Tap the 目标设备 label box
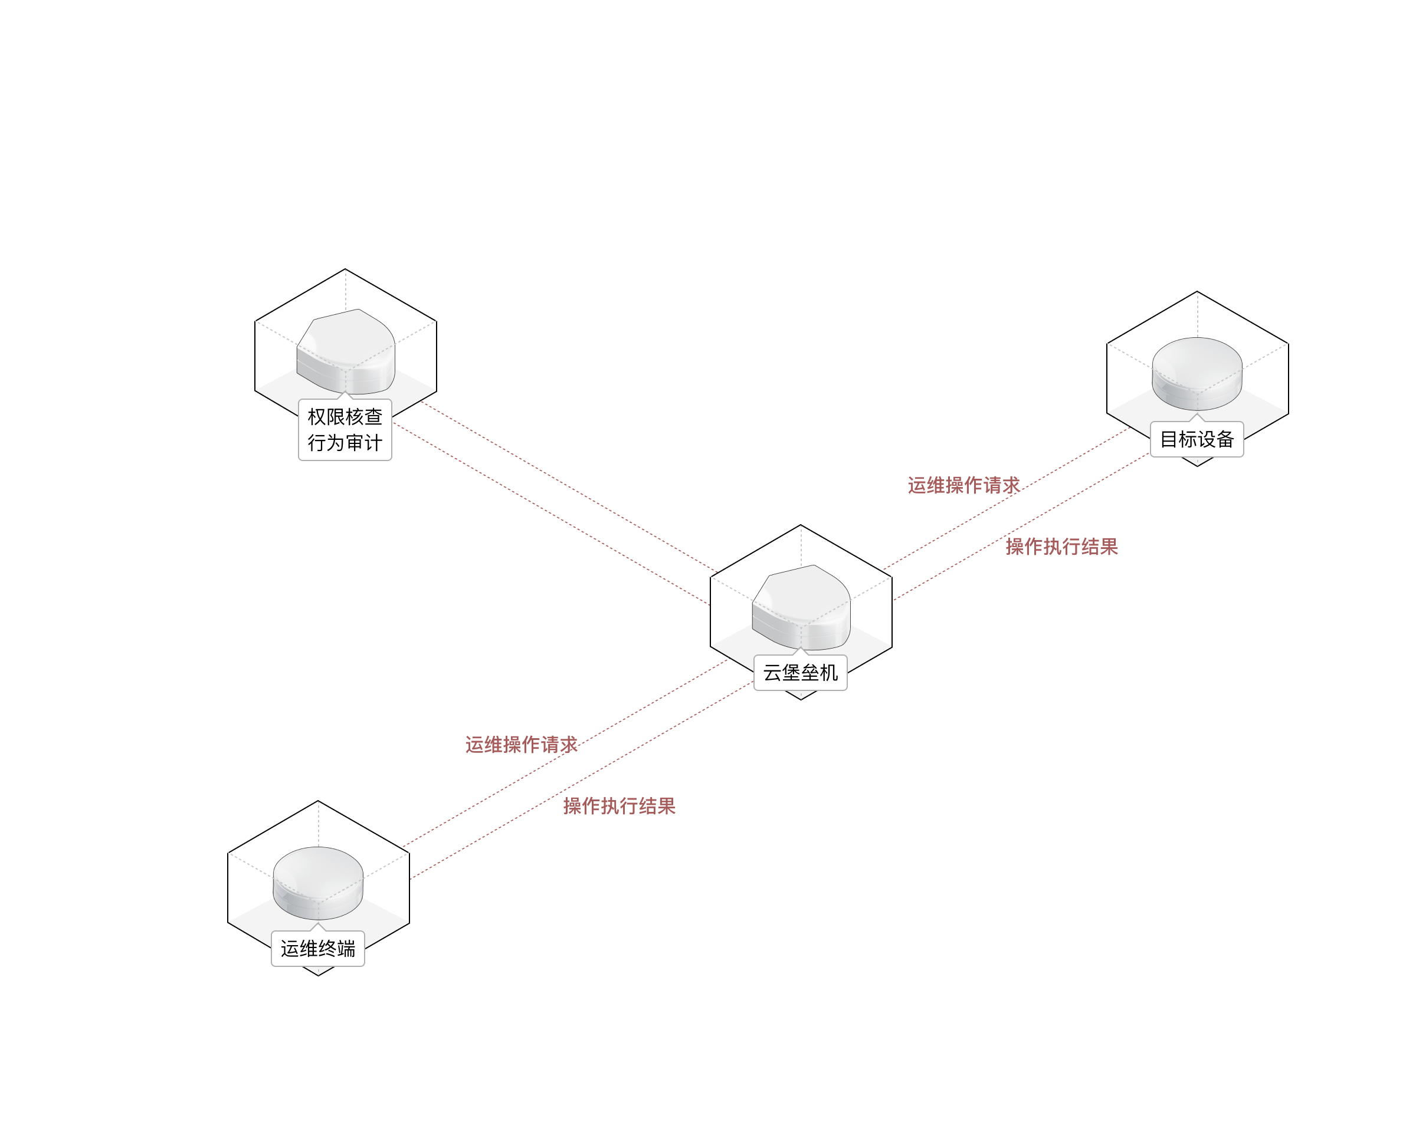pyautogui.click(x=1197, y=439)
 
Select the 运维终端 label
pyautogui.click(x=317, y=949)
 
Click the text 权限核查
pyautogui.click(x=345, y=417)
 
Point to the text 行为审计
pyautogui.click(x=345, y=443)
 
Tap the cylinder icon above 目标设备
pyautogui.click(x=1197, y=373)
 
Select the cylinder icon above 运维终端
pyautogui.click(x=318, y=883)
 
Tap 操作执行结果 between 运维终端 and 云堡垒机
pyautogui.click(x=619, y=806)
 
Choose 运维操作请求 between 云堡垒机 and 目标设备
pyautogui.click(x=963, y=485)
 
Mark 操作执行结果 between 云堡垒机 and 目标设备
pyautogui.click(x=1061, y=547)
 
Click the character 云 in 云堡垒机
pyautogui.click(x=772, y=673)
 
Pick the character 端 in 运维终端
pyautogui.click(x=346, y=949)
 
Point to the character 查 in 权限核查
pyautogui.click(x=373, y=417)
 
